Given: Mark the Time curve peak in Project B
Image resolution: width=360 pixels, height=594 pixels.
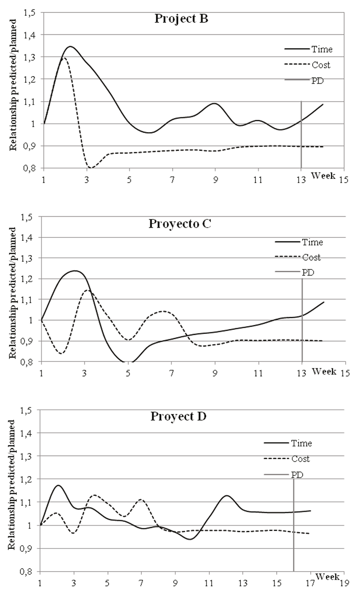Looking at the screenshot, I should (70, 47).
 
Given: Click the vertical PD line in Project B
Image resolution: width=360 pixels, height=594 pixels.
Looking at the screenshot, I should (301, 137).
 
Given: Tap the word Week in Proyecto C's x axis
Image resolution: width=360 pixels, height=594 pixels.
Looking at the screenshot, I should (324, 371).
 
